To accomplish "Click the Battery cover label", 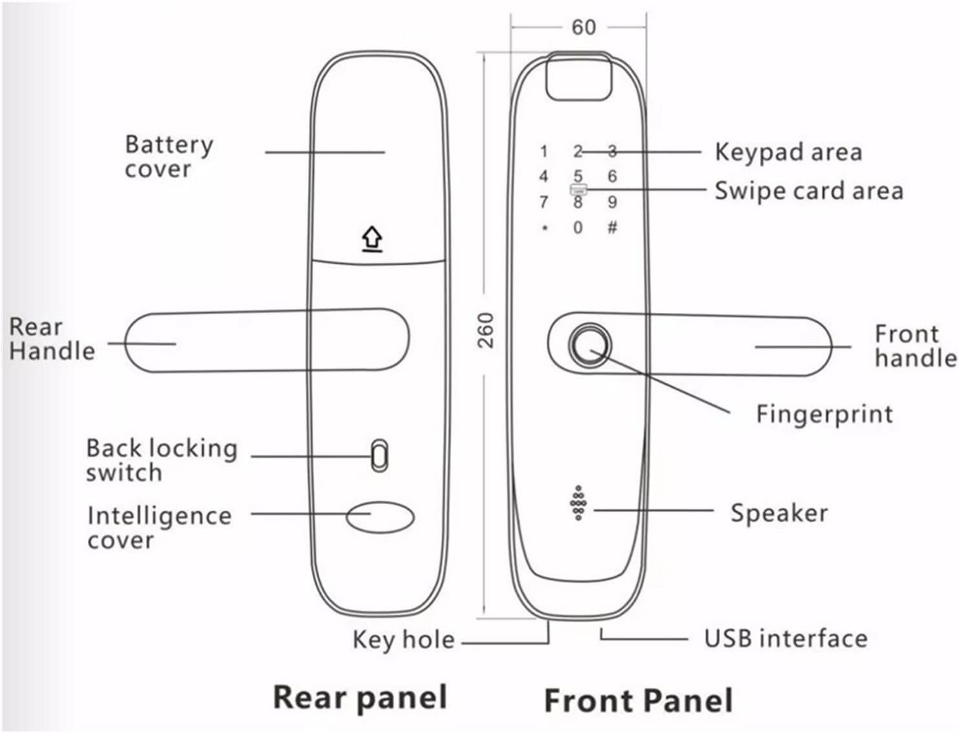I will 169,156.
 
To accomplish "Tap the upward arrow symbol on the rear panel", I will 372,240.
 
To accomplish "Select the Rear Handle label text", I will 52,339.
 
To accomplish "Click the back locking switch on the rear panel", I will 379,456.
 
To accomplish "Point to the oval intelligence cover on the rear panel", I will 380,517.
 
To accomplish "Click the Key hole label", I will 403,640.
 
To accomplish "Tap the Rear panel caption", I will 360,697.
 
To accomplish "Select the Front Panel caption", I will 638,700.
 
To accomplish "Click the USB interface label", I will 785,638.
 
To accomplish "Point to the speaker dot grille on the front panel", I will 578,503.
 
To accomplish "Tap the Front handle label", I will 914,346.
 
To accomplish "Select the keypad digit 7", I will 543,202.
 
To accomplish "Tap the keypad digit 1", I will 544,152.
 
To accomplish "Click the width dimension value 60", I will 584,27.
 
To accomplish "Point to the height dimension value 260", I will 486,330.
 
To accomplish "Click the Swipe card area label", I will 808,191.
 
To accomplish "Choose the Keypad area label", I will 788,152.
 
